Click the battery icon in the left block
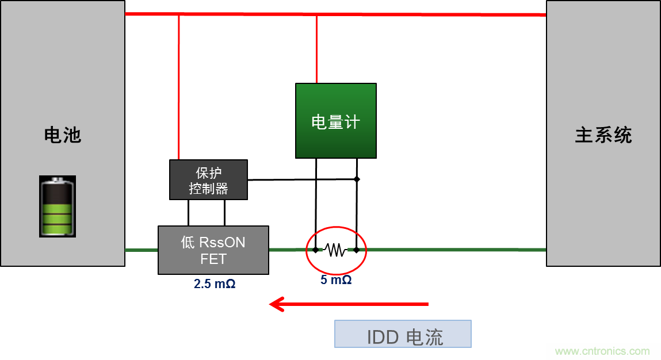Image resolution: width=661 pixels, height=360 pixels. click(58, 206)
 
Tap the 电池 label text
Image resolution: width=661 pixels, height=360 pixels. click(63, 135)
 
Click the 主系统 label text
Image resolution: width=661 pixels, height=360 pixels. click(603, 135)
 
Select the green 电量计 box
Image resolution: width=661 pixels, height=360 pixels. click(336, 121)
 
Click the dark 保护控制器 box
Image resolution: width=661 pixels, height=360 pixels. click(208, 180)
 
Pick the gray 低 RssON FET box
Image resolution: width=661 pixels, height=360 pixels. click(213, 250)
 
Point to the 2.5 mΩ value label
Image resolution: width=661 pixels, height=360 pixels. click(215, 284)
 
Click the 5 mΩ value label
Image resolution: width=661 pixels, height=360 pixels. click(336, 281)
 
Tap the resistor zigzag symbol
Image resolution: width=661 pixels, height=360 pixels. click(335, 250)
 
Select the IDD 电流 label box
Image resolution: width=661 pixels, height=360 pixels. click(403, 334)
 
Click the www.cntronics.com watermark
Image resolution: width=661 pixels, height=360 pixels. click(602, 351)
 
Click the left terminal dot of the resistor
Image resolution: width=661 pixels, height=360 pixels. click(316, 250)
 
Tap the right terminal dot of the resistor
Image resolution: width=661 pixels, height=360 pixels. click(357, 250)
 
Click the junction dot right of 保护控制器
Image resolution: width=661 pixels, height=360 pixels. click(357, 179)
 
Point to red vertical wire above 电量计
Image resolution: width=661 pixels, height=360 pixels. click(316, 49)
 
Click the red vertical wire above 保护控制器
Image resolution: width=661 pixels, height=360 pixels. click(179, 86)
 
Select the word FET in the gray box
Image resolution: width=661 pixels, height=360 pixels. click(213, 259)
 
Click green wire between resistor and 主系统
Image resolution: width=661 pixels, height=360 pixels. click(454, 250)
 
